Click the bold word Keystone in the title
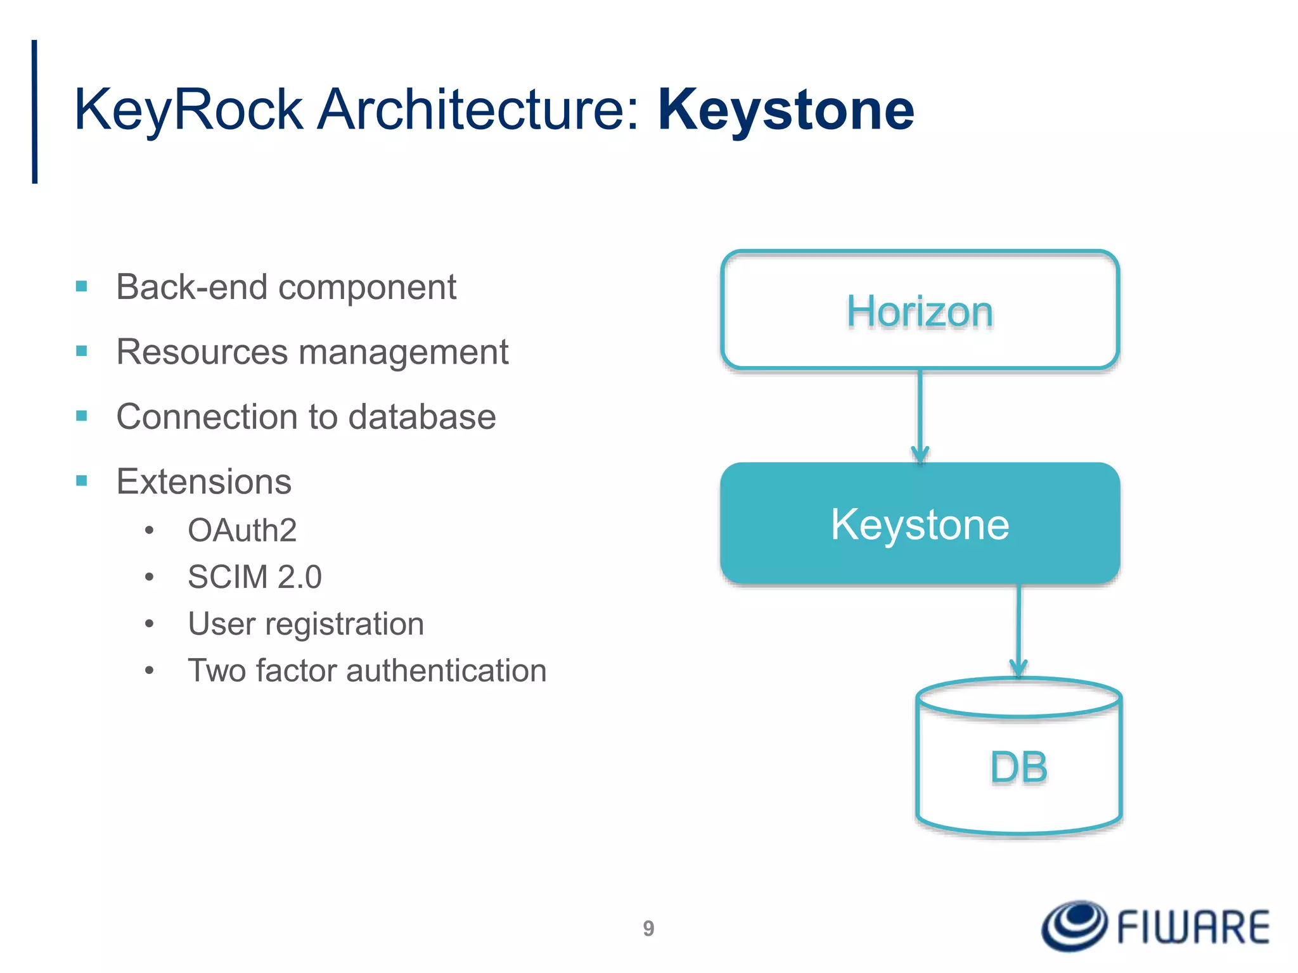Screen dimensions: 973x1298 point(786,111)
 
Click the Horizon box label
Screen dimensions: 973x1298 point(920,312)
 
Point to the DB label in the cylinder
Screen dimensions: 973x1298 point(1018,768)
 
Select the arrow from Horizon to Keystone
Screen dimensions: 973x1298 point(920,415)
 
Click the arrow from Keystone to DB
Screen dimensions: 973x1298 point(1018,630)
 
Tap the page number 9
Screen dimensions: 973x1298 point(648,928)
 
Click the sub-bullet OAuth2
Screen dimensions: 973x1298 point(242,530)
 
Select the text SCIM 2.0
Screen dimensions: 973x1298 point(255,577)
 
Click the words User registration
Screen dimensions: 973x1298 point(305,624)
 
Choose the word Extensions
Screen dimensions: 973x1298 point(203,481)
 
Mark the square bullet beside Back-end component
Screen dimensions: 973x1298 point(82,287)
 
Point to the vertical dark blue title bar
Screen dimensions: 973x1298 point(35,111)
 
